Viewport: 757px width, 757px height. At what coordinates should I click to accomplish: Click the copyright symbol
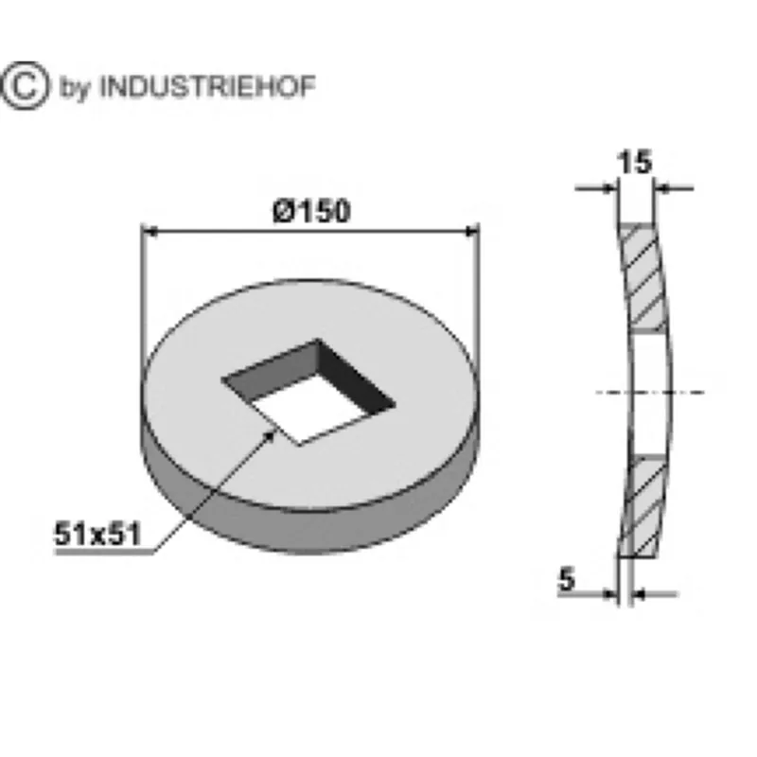[26, 85]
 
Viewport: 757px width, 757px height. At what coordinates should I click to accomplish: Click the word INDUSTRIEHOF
[207, 87]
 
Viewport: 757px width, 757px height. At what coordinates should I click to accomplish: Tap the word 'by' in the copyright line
[75, 88]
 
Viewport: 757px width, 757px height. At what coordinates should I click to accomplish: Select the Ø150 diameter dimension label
[311, 211]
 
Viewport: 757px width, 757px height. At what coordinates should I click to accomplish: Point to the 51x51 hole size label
[97, 534]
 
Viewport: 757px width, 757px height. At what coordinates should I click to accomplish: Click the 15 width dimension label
[634, 162]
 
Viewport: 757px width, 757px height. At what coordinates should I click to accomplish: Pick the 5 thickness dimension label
[567, 579]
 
